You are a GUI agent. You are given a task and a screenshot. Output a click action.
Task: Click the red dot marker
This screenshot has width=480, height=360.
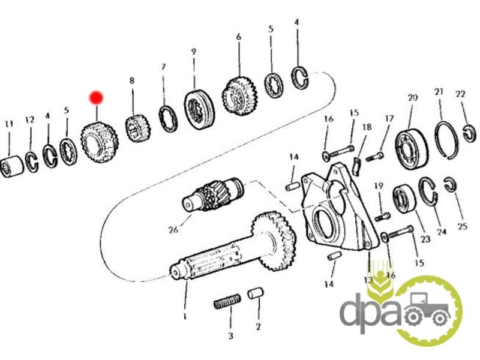pyautogui.click(x=96, y=98)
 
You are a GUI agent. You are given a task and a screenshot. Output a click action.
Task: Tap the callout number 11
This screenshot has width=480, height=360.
pyautogui.click(x=9, y=124)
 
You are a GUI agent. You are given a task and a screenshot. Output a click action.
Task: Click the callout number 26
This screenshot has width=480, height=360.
pyautogui.click(x=173, y=229)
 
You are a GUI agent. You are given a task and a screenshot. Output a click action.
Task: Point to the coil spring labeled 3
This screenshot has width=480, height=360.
pyautogui.click(x=227, y=301)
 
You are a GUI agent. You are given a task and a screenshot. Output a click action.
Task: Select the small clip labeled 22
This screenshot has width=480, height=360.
pyautogui.click(x=470, y=133)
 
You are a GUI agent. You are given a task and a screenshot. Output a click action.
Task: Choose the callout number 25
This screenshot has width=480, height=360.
pyautogui.click(x=462, y=226)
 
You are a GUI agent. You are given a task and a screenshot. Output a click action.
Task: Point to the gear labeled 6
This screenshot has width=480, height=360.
pyautogui.click(x=239, y=95)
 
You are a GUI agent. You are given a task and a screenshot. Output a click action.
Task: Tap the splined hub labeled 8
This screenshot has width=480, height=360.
pyautogui.click(x=137, y=128)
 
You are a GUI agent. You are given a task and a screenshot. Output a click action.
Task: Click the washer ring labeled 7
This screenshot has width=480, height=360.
pyautogui.click(x=169, y=118)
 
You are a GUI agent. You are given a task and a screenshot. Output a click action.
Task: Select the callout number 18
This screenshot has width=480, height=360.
pyautogui.click(x=367, y=127)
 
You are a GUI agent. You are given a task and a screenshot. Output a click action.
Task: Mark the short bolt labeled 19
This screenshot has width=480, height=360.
pyautogui.click(x=382, y=217)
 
